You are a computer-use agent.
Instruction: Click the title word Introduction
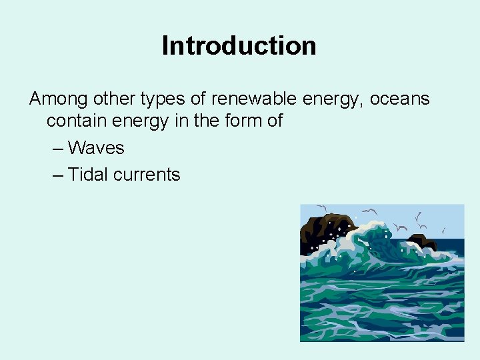click(239, 46)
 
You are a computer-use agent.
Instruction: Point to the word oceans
click(399, 99)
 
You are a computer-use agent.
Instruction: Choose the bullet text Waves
click(96, 147)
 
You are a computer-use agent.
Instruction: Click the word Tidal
click(88, 175)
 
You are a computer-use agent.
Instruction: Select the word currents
click(147, 175)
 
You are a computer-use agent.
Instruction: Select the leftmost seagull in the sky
click(322, 207)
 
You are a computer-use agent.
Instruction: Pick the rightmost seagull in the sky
click(443, 229)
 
